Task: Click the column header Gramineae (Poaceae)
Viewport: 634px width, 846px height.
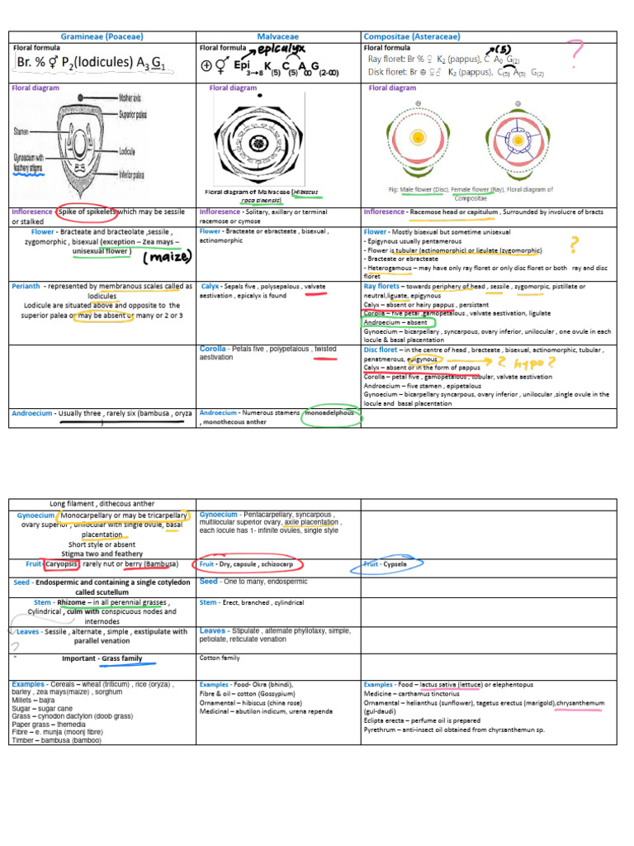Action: [x=102, y=36]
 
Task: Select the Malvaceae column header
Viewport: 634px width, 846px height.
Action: [x=278, y=36]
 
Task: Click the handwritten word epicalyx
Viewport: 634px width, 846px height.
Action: [x=277, y=50]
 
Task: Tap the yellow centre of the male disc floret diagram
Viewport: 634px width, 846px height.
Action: [x=419, y=138]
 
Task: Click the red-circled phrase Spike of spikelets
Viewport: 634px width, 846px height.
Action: [x=87, y=212]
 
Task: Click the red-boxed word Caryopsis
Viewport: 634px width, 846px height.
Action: [x=62, y=564]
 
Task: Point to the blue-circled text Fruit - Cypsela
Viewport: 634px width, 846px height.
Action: [x=392, y=565]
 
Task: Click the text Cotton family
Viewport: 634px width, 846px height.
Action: [x=220, y=658]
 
